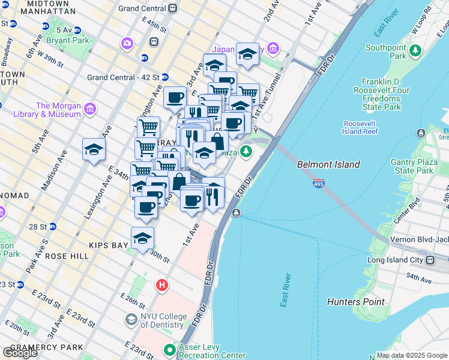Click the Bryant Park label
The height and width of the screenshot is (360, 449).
click(71, 40)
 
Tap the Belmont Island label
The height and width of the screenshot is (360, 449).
click(328, 164)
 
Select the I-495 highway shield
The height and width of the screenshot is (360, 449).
click(318, 184)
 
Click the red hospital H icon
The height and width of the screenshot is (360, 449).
click(161, 286)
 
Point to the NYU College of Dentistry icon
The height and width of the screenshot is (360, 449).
click(131, 320)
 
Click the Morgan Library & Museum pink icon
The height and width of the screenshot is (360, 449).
click(90, 109)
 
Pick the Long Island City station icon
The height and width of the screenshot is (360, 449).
click(430, 260)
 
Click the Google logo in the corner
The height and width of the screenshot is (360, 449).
click(20, 352)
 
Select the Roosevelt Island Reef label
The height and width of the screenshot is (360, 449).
click(360, 127)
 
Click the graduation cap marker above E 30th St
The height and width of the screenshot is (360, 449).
click(142, 238)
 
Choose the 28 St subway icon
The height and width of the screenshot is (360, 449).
click(53, 226)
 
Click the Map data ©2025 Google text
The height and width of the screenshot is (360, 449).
click(411, 355)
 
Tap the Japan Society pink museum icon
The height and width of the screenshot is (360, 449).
click(274, 49)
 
